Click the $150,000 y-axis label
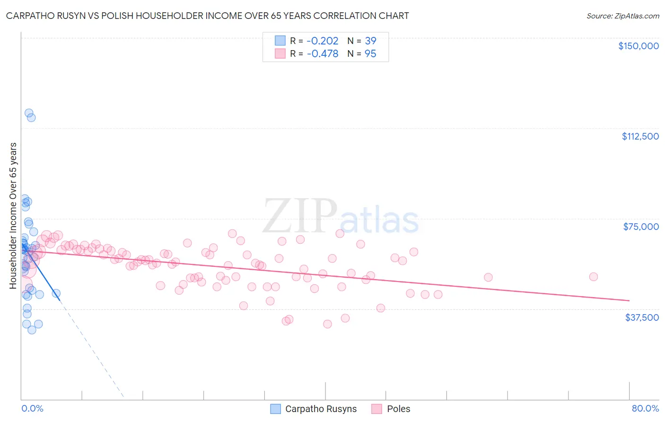point(638,46)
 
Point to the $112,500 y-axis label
point(640,136)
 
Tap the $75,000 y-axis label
point(641,227)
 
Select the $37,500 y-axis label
point(642,317)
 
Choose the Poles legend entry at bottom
point(398,409)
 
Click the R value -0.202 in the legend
point(322,41)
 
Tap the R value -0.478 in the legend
point(322,53)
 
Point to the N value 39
point(370,41)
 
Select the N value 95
point(370,53)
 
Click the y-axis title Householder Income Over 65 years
point(13,215)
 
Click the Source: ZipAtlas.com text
point(622,16)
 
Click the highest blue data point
point(29,114)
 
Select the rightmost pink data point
point(593,277)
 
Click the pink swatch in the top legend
point(280,53)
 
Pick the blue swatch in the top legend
point(280,41)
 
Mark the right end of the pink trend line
point(629,300)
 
